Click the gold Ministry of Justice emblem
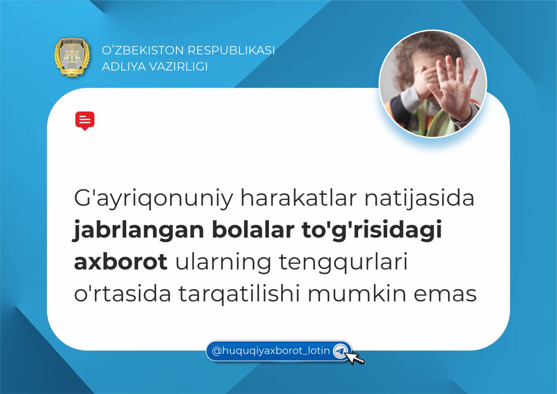point(72,57)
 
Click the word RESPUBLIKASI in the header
point(231,50)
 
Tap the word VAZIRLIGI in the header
point(178,67)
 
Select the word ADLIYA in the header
point(123,67)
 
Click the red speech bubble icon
point(85,121)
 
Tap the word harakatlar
point(299,198)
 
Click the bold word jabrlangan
point(138,230)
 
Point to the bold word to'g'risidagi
point(372,230)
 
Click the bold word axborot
point(121,262)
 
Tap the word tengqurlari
point(343,263)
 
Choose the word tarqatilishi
point(239,294)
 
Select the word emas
point(445,295)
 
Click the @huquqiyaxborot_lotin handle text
point(271,351)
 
